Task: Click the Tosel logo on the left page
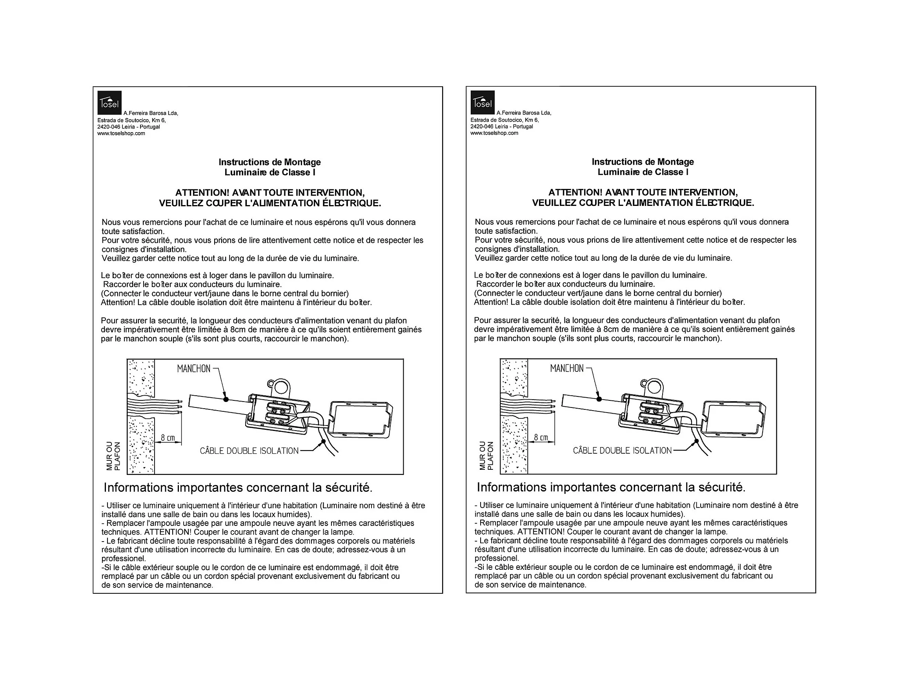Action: pos(109,102)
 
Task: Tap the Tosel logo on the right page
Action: pos(482,102)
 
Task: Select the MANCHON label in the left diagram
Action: pos(193,369)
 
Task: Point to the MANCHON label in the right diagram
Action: pos(566,368)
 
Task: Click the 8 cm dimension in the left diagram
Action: pos(168,438)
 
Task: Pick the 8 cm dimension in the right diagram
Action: pos(541,437)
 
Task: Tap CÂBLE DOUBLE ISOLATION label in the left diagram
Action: pos(249,451)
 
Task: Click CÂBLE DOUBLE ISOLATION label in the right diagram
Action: pos(623,451)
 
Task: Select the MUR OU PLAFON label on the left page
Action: pos(113,456)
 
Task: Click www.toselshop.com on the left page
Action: pos(121,133)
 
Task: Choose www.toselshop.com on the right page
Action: pos(494,133)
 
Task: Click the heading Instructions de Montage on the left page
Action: pos(270,162)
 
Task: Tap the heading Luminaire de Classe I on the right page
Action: pos(643,172)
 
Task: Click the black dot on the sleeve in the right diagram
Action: pos(599,398)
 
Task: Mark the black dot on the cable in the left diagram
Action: pos(324,441)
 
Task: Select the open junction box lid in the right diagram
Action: pos(734,418)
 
